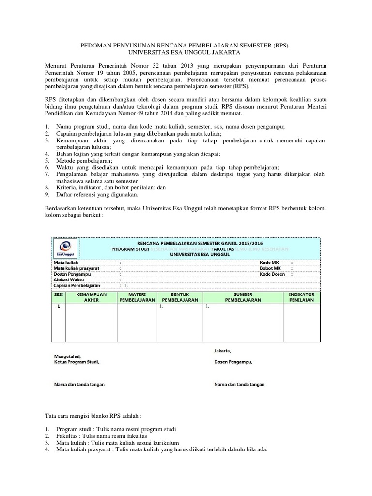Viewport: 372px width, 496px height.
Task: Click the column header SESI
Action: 58,294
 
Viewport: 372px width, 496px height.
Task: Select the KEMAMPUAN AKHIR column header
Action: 91,297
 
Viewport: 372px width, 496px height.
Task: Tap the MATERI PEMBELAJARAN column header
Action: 137,297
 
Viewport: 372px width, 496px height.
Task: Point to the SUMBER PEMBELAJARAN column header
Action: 244,297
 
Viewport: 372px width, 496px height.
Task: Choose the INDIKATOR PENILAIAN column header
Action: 302,297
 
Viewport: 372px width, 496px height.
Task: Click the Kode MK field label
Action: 270,263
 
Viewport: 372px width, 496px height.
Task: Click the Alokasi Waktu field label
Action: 69,280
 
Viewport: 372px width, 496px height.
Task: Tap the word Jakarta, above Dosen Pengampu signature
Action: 222,350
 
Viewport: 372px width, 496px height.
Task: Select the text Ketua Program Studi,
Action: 78,362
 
